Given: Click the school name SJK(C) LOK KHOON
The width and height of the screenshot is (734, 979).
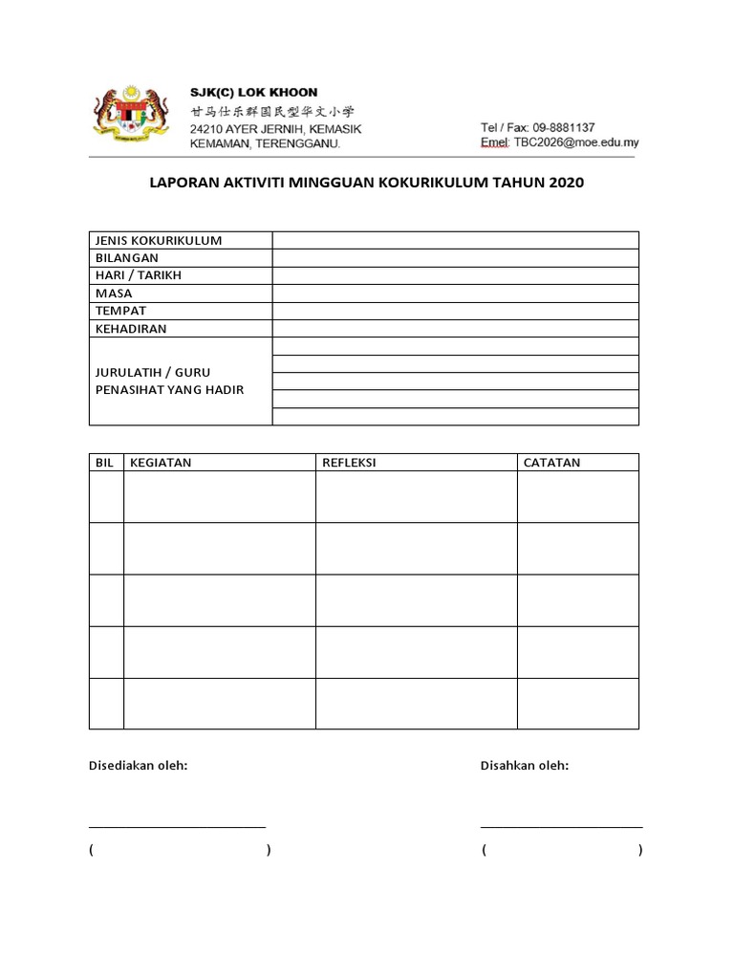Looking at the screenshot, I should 253,93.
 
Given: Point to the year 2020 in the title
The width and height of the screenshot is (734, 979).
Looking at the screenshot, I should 566,182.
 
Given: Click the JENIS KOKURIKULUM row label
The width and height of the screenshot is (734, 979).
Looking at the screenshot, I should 159,240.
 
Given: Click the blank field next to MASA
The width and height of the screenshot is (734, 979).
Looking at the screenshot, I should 455,294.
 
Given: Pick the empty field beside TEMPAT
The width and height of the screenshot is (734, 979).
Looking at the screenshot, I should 455,311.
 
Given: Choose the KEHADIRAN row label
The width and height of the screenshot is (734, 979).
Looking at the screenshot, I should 131,329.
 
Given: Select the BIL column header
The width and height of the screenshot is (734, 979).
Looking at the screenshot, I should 105,463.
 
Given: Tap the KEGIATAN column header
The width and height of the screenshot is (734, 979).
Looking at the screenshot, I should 161,463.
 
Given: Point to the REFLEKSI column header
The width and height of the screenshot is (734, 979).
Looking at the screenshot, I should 349,463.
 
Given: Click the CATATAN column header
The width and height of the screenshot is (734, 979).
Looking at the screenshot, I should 551,463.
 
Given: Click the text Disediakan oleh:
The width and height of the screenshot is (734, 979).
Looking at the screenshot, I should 138,766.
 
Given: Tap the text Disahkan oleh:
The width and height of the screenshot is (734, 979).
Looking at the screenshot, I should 525,766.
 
